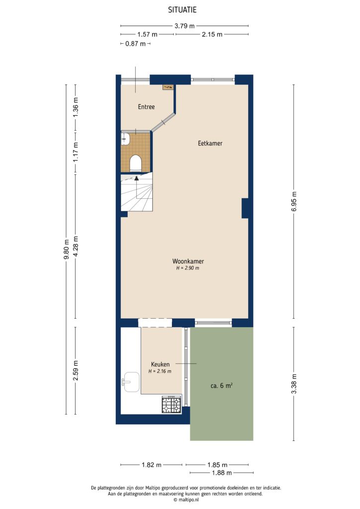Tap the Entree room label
click(x=146, y=107)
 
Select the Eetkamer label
click(x=210, y=143)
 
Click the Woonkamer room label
click(x=188, y=261)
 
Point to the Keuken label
click(x=160, y=364)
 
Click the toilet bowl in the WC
click(x=135, y=163)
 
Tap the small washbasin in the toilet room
click(x=125, y=139)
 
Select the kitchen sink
click(x=131, y=382)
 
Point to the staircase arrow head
click(x=137, y=178)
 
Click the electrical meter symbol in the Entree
click(x=168, y=87)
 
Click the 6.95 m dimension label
click(x=294, y=202)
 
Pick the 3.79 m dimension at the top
click(x=184, y=26)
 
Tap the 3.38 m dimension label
click(x=294, y=384)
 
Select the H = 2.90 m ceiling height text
click(x=187, y=268)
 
